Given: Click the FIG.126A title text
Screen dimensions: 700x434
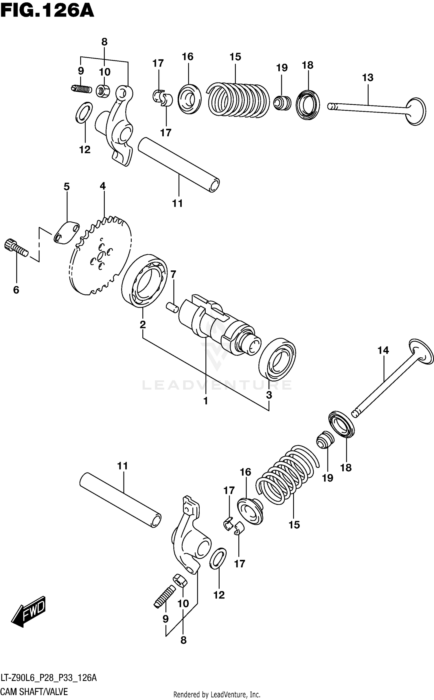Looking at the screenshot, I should [x=47, y=11].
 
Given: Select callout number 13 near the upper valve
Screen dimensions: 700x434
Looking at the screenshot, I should [x=367, y=78].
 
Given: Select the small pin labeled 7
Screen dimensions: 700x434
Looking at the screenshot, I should [x=172, y=307].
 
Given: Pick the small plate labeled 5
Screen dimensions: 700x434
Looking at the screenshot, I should [x=66, y=233].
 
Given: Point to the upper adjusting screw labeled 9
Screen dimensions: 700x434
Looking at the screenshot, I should [x=81, y=89].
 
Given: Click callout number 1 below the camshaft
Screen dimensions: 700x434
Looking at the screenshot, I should [x=205, y=401].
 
